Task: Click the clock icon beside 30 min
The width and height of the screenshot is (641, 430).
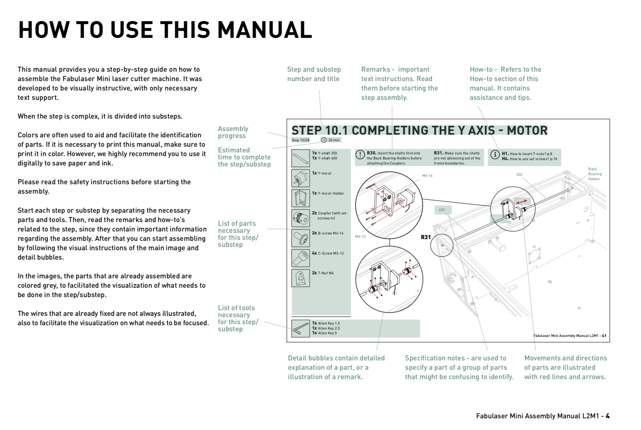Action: pos(324,140)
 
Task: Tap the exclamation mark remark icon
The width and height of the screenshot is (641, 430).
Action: pos(360,154)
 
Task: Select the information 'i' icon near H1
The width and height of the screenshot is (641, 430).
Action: pos(495,154)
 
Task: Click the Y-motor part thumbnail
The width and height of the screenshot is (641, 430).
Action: pos(300,178)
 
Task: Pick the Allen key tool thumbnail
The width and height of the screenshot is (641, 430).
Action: pos(300,328)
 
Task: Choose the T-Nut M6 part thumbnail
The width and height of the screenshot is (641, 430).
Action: pos(300,278)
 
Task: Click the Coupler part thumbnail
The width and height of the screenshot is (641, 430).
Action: pos(300,218)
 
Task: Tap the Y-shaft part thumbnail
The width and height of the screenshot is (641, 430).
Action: pos(300,158)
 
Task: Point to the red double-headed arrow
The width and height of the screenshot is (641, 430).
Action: pos(521,202)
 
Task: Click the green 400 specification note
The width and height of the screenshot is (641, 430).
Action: pos(442,210)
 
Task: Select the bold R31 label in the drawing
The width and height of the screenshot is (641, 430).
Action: pos(426,237)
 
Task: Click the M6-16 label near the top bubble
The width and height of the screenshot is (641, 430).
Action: pos(427,175)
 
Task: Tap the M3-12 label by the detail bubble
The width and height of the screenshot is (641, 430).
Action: pos(360,237)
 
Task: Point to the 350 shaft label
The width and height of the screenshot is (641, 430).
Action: pos(519,174)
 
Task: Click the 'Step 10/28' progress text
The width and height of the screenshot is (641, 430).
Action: pos(300,140)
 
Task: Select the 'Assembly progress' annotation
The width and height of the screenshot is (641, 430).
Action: pos(233,132)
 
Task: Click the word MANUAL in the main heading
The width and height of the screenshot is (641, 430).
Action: pos(265,30)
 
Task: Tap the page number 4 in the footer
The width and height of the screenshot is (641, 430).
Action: pos(608,416)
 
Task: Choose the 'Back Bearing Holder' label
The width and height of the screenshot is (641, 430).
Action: pos(595,174)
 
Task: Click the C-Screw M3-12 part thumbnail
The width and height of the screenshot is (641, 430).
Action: pos(300,258)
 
